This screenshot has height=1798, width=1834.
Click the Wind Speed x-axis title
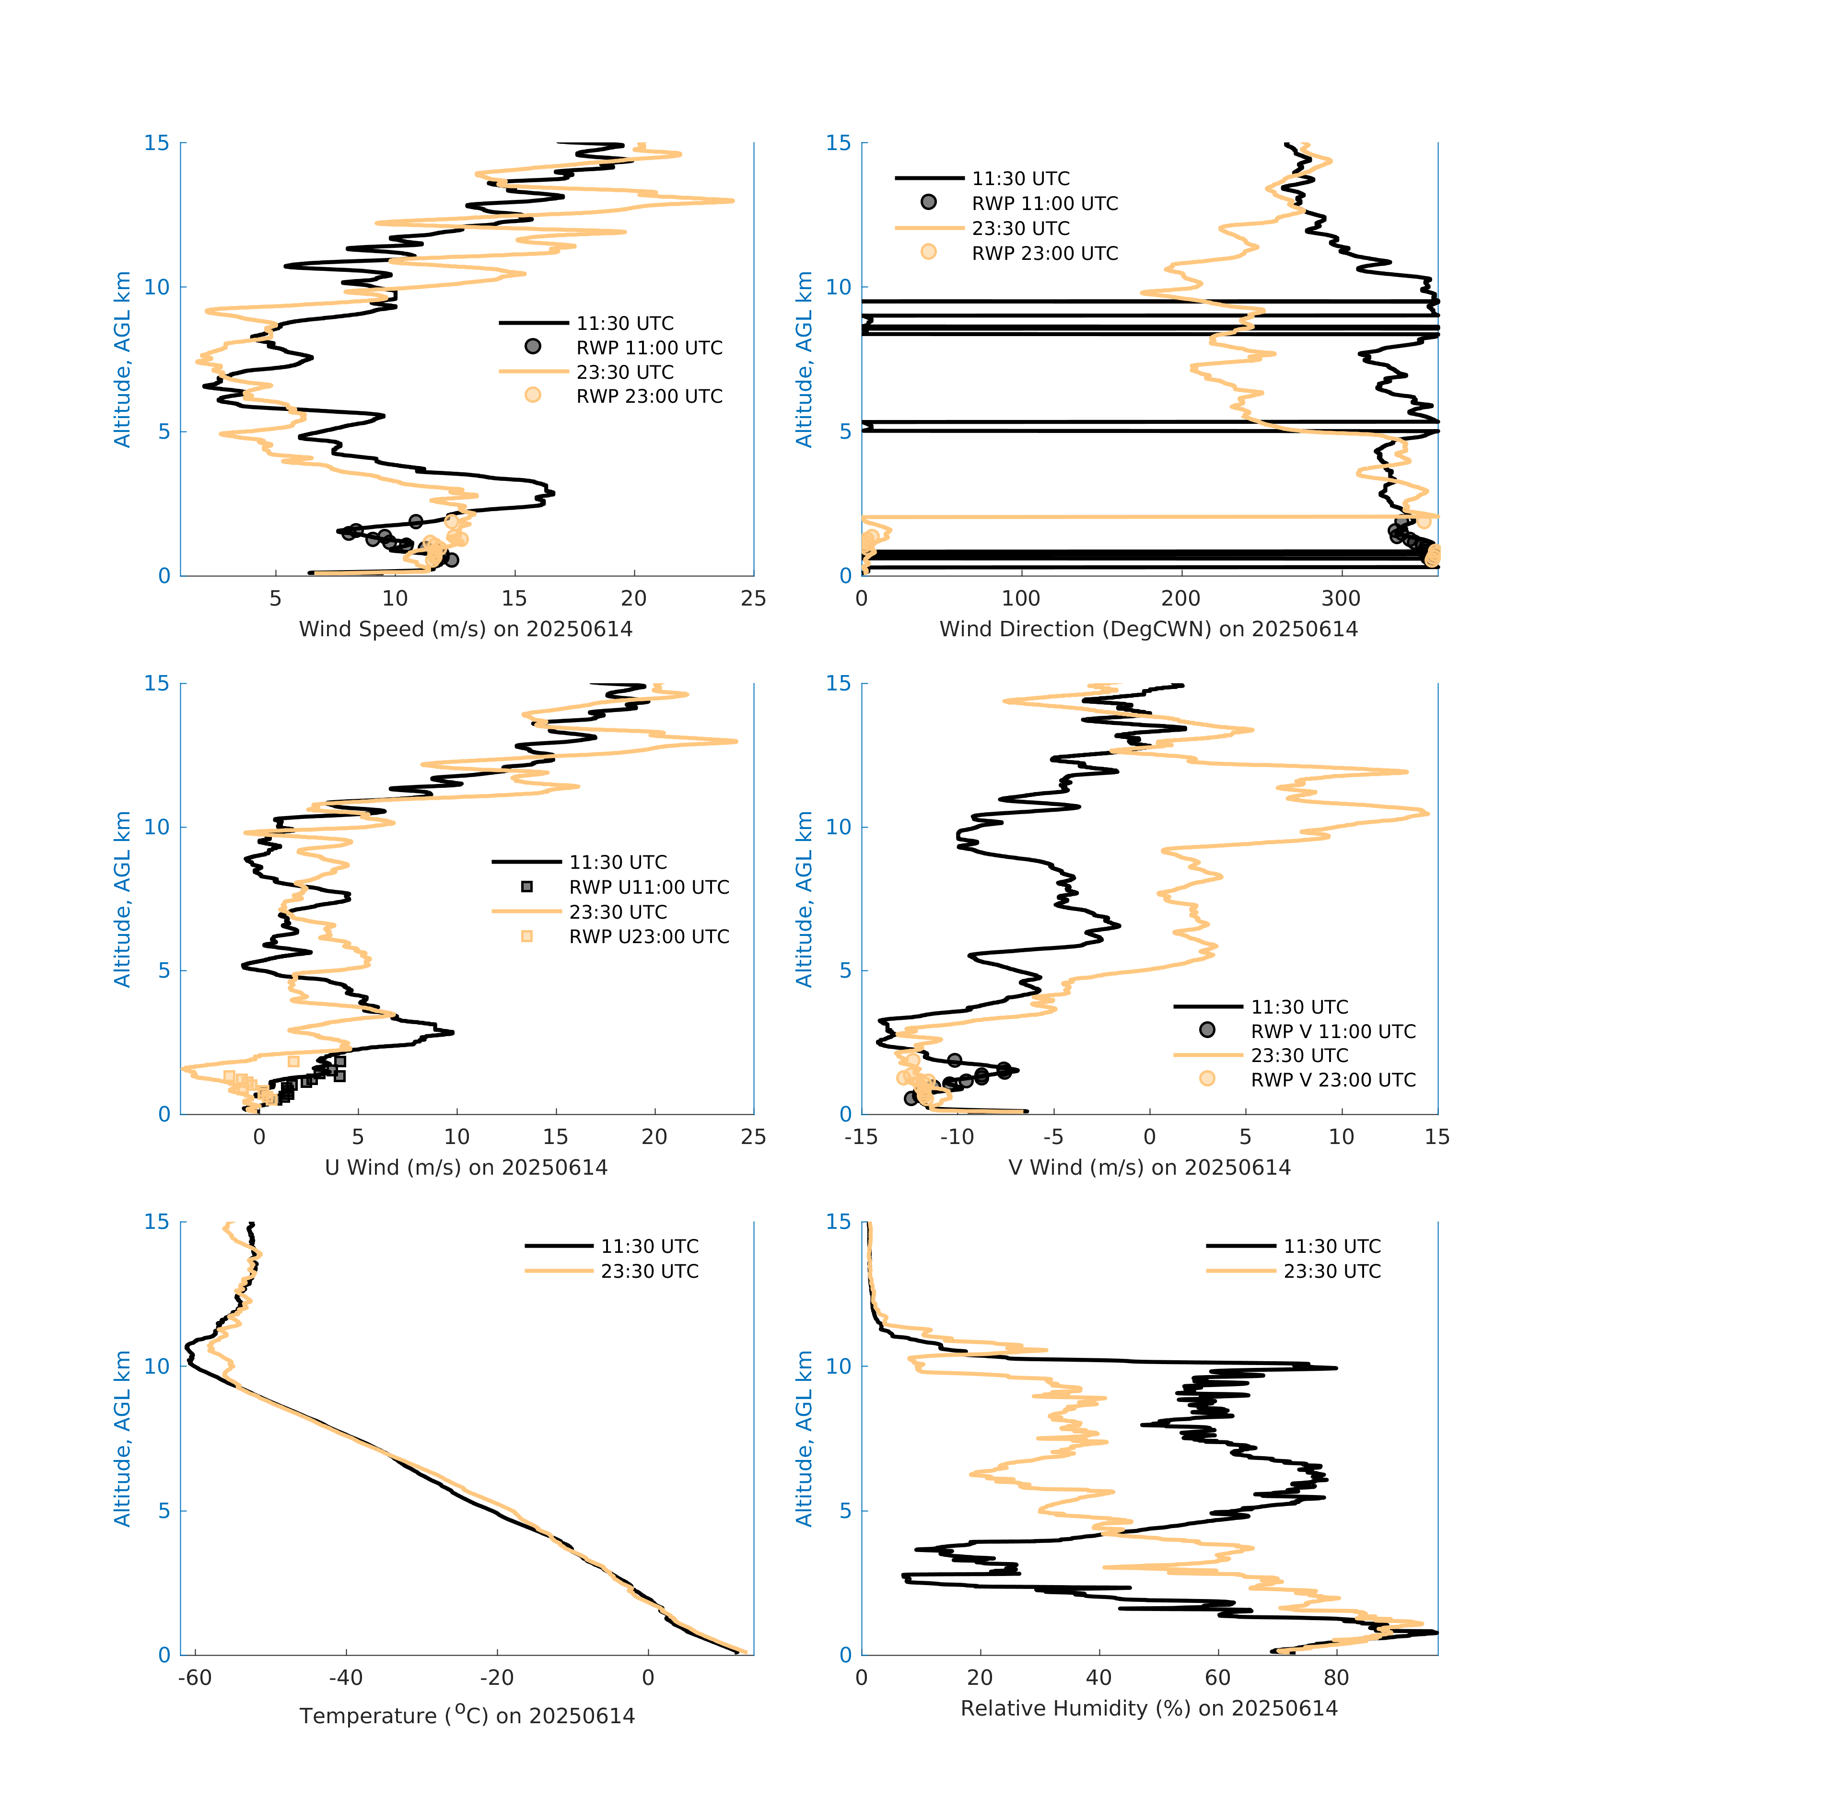click(x=466, y=629)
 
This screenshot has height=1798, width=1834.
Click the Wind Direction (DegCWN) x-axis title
click(x=1148, y=629)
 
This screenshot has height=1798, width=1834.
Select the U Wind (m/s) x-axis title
click(x=466, y=1167)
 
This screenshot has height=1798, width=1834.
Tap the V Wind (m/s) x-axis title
click(x=1148, y=1167)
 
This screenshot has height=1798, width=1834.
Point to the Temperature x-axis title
click(x=467, y=1715)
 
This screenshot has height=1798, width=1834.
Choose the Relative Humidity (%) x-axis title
click(x=1148, y=1707)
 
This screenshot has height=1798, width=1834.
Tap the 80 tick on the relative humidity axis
click(x=1336, y=1677)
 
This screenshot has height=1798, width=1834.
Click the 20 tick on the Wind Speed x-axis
click(x=634, y=599)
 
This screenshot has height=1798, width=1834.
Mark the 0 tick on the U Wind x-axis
click(x=259, y=1137)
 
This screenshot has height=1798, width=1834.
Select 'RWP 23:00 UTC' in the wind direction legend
click(x=1044, y=253)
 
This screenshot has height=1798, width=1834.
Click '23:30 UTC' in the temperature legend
click(x=650, y=1271)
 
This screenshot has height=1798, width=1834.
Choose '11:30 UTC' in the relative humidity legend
click(x=1332, y=1247)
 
